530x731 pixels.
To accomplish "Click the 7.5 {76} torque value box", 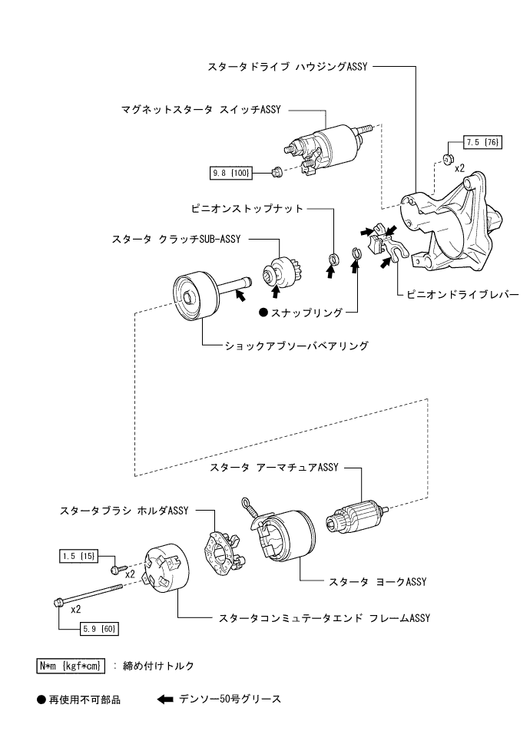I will coord(482,143).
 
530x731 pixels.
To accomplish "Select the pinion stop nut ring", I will coord(333,256).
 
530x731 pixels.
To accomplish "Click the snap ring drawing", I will coord(356,254).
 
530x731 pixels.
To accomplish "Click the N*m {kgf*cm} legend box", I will coord(71,665).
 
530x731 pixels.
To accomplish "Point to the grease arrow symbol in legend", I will coord(165,700).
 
